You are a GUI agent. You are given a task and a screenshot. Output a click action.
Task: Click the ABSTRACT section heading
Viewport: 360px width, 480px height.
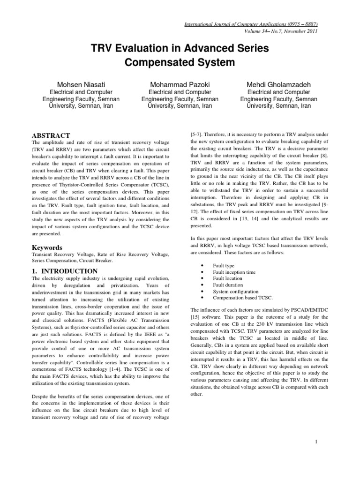tap(51, 135)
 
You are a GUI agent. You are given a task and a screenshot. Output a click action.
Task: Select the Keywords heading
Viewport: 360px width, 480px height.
tap(47, 247)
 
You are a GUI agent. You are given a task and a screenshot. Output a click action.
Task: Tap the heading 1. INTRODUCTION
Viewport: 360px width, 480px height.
tap(64, 271)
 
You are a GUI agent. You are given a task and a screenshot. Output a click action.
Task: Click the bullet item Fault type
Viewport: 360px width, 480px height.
tap(224, 265)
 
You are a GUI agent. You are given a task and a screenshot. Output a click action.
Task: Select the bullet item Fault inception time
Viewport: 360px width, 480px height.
tap(234, 272)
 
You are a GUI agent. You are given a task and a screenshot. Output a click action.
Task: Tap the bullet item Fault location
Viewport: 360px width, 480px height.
tap(227, 278)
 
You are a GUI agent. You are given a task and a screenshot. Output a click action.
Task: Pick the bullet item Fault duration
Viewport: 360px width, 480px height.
tap(228, 285)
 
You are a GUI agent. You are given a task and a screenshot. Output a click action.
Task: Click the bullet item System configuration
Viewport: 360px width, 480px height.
tap(235, 291)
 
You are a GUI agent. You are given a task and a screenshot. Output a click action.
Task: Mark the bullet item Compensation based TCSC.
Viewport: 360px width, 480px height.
tap(242, 298)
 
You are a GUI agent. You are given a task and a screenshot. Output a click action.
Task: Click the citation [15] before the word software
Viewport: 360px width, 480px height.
tap(195, 317)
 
